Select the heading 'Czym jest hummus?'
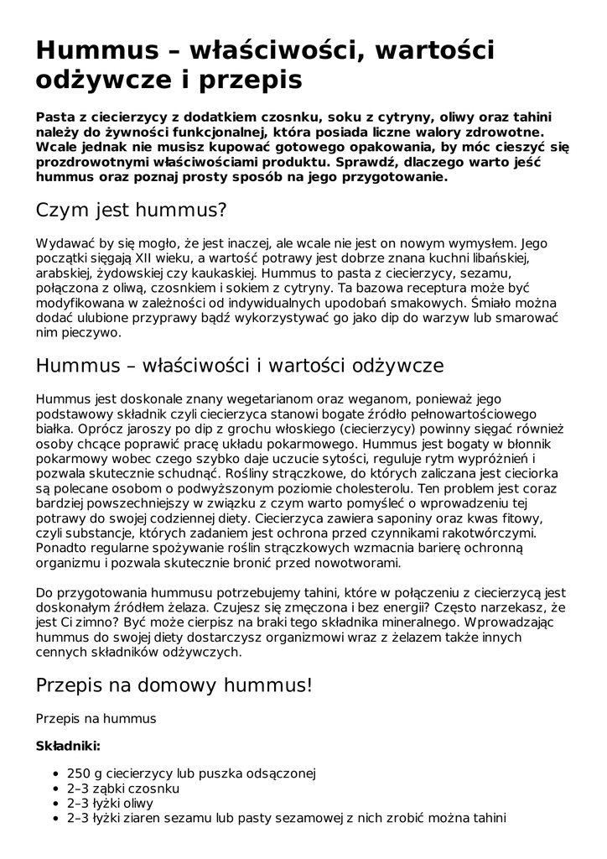pyautogui.click(x=132, y=209)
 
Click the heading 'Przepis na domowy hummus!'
pyautogui.click(x=174, y=685)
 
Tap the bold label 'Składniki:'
pyautogui.click(x=68, y=745)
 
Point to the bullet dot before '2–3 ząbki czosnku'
pyautogui.click(x=55, y=789)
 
